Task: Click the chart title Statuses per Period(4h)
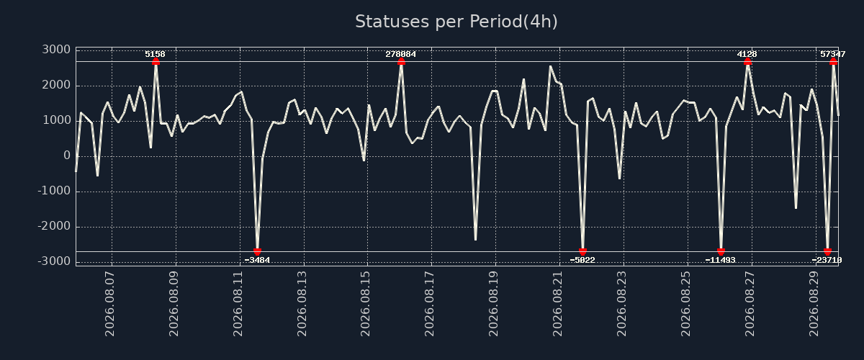[x=456, y=22]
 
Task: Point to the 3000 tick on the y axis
[x=56, y=50]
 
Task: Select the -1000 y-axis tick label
[x=54, y=191]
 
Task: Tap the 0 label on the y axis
[x=67, y=156]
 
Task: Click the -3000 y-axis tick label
[x=54, y=261]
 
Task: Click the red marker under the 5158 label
[x=156, y=62]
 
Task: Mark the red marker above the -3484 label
[x=257, y=251]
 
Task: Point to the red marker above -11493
[x=721, y=251]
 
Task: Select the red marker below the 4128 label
[x=747, y=62]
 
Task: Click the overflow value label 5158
[x=155, y=54]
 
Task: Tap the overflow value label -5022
[x=582, y=260]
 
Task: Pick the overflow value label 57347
[x=833, y=54]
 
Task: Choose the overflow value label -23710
[x=827, y=260]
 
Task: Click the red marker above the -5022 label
[x=582, y=251]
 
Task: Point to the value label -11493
[x=720, y=260]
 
